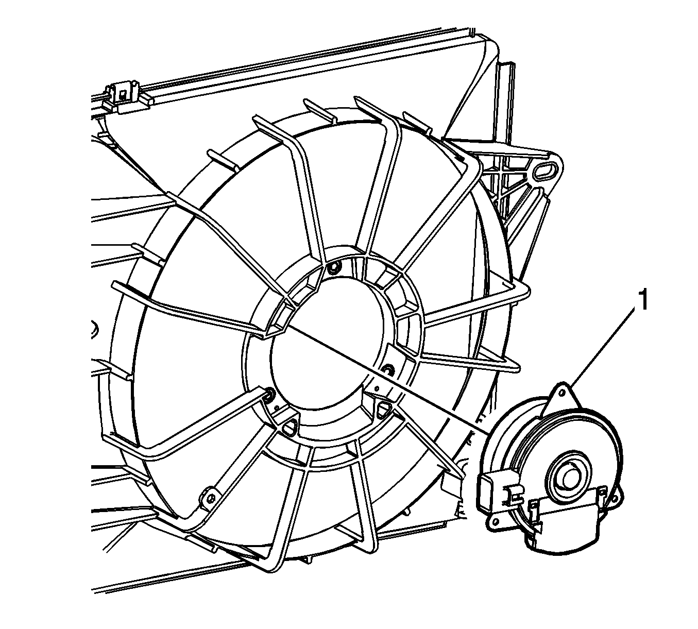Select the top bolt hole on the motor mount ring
click(333, 268)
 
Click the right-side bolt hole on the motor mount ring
click(387, 368)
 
